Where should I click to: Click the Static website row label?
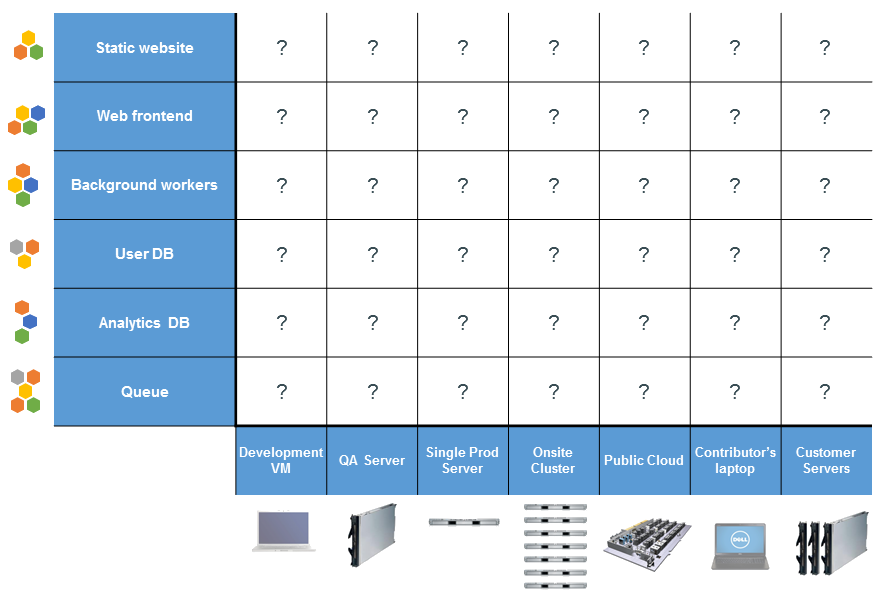pos(145,48)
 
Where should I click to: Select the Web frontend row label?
pos(145,116)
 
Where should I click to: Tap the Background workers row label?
pos(145,185)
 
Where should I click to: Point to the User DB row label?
pos(145,254)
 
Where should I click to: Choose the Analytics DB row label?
pos(145,323)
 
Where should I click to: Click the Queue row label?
pos(145,392)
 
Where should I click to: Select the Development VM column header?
pos(281,461)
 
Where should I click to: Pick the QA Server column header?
pos(372,461)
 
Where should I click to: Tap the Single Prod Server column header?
pos(462,461)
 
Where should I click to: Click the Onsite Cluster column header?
pos(553,461)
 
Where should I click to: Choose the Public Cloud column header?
pos(644,461)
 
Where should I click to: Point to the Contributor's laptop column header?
pos(735,461)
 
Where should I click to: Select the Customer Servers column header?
pos(825,461)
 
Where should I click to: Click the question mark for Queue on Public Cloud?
pos(644,391)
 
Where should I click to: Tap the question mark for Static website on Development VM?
pos(281,47)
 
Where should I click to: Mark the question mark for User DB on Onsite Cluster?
pos(553,254)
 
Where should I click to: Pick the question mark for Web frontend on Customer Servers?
pos(825,116)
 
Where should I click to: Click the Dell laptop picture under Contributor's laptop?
pos(739,545)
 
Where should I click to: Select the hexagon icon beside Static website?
pos(28,46)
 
